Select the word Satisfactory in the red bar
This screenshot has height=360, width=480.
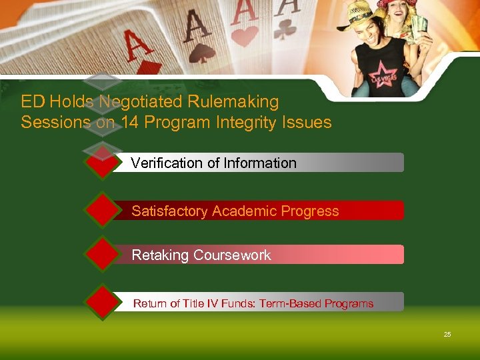[x=169, y=211]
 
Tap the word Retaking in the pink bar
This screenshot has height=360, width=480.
[x=160, y=255]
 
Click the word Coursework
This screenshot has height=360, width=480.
[x=232, y=255]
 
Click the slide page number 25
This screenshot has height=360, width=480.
[x=447, y=334]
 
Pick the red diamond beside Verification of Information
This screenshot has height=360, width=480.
[x=101, y=163]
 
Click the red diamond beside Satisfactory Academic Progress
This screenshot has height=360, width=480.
[x=101, y=211]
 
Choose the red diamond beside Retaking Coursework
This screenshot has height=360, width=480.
[x=101, y=254]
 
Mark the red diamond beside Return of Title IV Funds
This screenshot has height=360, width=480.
[x=101, y=303]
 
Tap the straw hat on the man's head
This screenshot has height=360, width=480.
[x=357, y=13]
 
